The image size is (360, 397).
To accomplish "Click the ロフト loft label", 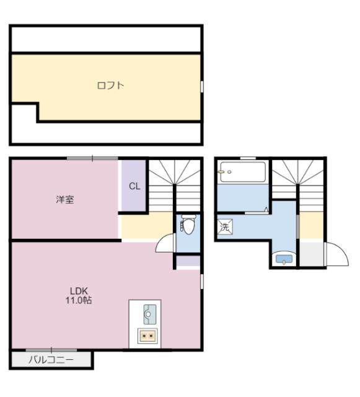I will click(110, 86).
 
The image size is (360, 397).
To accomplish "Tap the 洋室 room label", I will click(65, 199).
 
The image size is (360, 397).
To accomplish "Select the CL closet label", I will click(134, 185).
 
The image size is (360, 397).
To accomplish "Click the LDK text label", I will click(78, 291).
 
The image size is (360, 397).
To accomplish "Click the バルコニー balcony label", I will click(51, 360).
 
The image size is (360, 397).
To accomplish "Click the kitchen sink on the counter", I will click(148, 314).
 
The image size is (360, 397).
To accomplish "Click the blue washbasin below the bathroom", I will click(284, 259).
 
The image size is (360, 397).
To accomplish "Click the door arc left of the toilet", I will click(166, 244).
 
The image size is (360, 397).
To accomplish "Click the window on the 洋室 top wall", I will click(92, 158).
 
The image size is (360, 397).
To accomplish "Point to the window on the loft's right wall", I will click(202, 86).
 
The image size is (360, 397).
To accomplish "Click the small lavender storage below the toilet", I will click(188, 261).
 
